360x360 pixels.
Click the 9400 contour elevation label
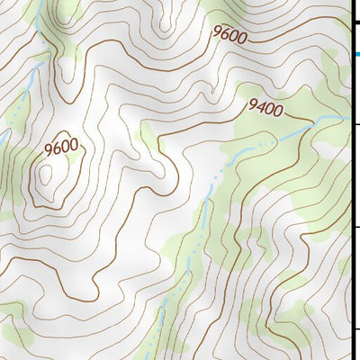265,110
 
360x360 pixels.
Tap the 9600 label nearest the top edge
229,34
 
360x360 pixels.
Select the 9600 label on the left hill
60,143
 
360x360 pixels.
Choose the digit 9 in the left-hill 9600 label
48,145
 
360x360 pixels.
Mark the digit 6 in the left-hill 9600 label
56,144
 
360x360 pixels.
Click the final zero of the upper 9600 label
241,38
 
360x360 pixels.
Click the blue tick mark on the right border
356,54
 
